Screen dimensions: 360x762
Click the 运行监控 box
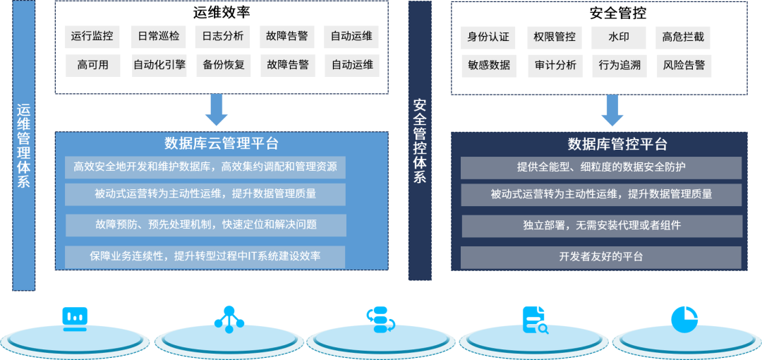pyautogui.click(x=92, y=37)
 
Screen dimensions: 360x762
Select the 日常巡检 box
pyautogui.click(x=158, y=37)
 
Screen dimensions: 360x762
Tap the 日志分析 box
pyautogui.click(x=223, y=37)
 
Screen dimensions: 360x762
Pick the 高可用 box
pyautogui.click(x=92, y=65)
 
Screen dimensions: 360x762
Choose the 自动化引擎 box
pyautogui.click(x=159, y=65)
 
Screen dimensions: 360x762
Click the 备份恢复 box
pyautogui.click(x=223, y=65)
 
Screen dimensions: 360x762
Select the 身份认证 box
pyautogui.click(x=488, y=37)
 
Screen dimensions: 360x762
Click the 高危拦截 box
pyautogui.click(x=683, y=37)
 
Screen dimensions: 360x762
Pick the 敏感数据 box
pyautogui.click(x=488, y=66)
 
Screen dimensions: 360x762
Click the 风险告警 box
pyautogui.click(x=683, y=66)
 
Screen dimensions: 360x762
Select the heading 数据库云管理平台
pyautogui.click(x=222, y=144)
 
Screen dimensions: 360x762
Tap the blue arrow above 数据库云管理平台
pyautogui.click(x=216, y=109)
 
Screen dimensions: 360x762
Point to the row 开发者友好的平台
pyautogui.click(x=601, y=257)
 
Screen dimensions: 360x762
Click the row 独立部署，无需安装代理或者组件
pyautogui.click(x=601, y=226)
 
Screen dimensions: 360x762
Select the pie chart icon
pyautogui.click(x=684, y=320)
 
